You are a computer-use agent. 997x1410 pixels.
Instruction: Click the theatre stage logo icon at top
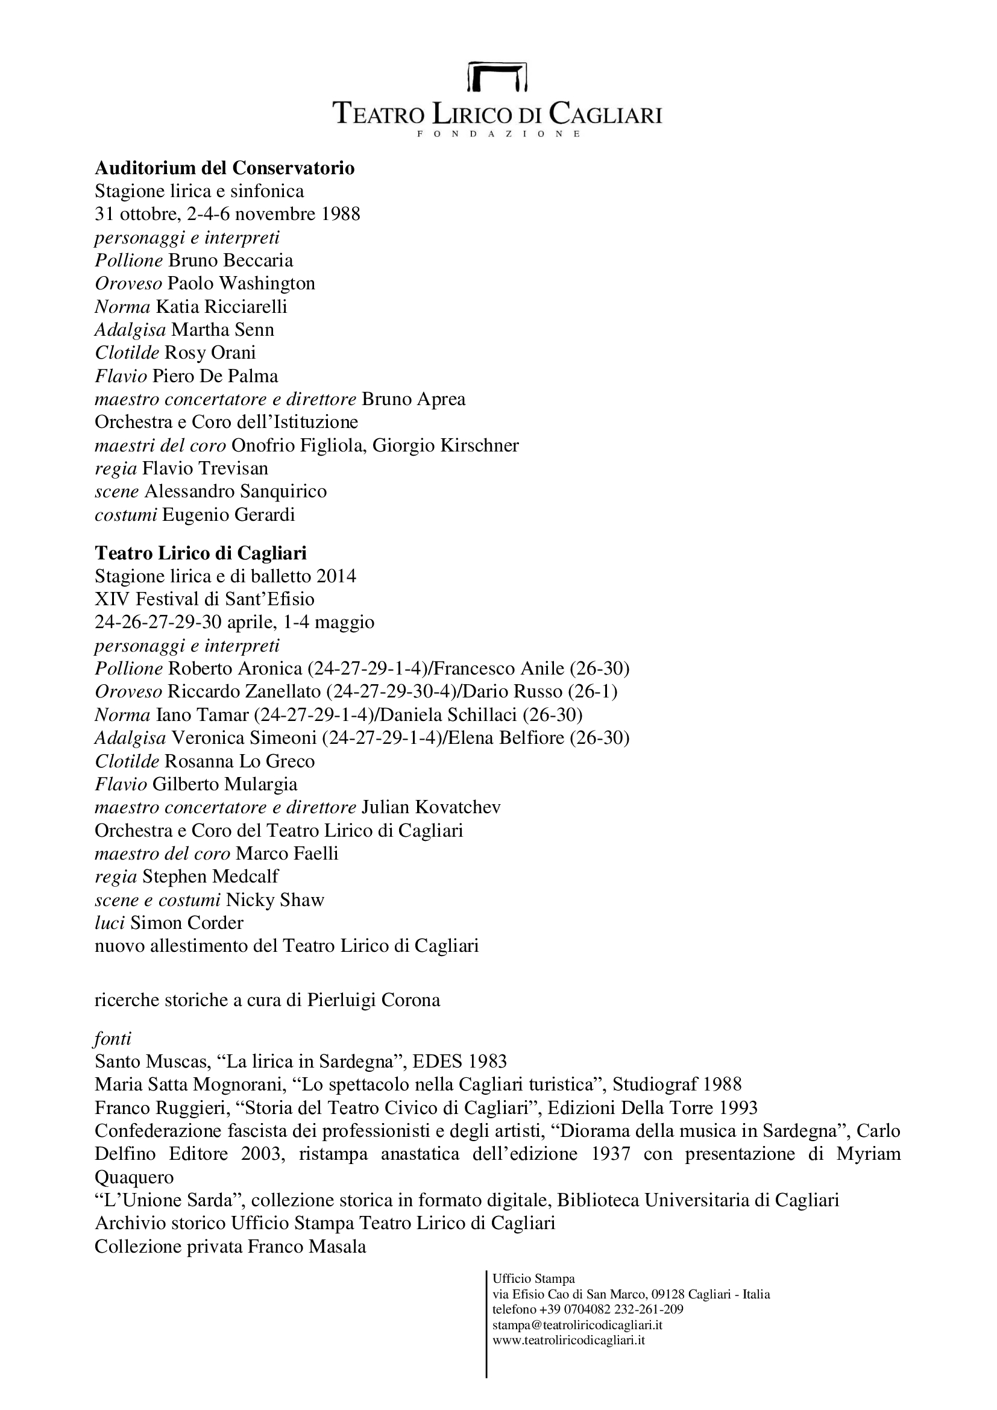498,76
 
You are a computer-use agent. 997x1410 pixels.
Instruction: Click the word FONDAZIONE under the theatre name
498,134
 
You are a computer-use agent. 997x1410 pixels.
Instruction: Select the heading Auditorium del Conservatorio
225,168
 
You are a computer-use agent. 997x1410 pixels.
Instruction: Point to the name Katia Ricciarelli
222,306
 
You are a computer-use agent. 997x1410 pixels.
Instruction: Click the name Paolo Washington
241,283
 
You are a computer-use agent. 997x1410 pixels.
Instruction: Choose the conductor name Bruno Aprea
414,398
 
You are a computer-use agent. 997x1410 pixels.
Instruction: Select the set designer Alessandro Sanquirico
236,491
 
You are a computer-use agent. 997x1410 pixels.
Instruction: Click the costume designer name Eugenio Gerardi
228,514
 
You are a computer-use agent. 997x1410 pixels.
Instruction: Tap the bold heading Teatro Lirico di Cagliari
201,553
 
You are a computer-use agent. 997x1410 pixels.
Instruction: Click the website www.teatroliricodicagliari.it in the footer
568,1339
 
